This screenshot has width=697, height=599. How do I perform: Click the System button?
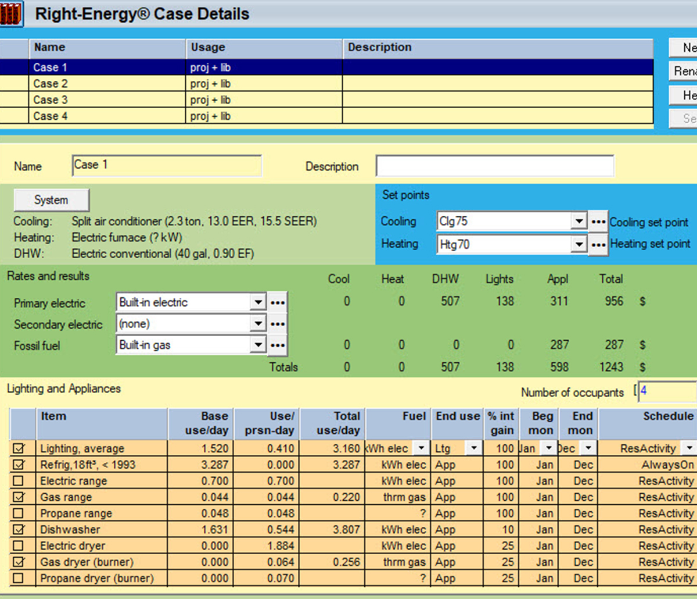click(x=51, y=200)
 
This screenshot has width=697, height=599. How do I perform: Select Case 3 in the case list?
click(x=50, y=100)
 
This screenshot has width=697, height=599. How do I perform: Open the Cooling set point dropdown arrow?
click(x=578, y=222)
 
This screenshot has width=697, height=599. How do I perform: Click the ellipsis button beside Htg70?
click(x=598, y=245)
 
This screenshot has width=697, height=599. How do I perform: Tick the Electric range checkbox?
click(x=19, y=481)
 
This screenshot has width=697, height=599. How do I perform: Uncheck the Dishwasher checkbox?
click(x=19, y=530)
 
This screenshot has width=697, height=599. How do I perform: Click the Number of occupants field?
click(x=667, y=391)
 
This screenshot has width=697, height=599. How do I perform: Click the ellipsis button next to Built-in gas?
click(x=278, y=345)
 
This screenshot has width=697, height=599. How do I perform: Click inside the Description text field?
click(x=494, y=166)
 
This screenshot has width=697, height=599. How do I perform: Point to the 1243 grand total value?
click(x=611, y=367)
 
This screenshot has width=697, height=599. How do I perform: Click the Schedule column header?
click(x=668, y=416)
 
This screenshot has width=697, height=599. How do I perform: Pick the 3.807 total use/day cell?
click(x=347, y=530)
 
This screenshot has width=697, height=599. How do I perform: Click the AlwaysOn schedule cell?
click(x=667, y=465)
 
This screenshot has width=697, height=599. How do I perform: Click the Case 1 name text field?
click(x=167, y=165)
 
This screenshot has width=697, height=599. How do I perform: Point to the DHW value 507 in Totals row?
click(x=450, y=367)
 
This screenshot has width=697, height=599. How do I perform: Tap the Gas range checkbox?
click(x=19, y=497)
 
